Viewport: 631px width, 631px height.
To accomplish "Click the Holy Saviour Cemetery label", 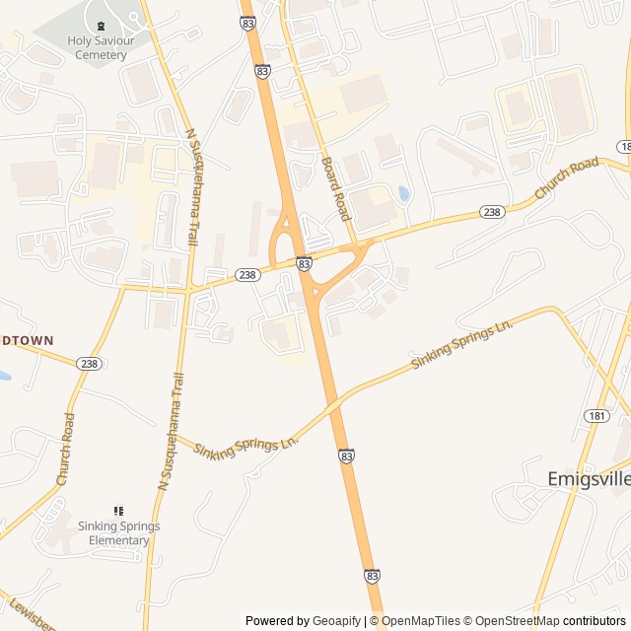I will click(x=98, y=47).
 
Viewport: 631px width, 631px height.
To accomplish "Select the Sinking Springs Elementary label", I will click(x=119, y=533).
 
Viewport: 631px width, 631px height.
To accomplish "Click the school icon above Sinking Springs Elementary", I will click(x=119, y=511).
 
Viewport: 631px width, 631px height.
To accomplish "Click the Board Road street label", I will click(x=335, y=187).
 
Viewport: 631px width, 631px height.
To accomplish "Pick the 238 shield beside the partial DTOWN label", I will click(x=90, y=364).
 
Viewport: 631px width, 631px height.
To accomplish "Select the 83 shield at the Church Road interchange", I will click(x=304, y=264).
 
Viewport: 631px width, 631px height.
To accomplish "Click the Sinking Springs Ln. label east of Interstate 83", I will click(x=462, y=344).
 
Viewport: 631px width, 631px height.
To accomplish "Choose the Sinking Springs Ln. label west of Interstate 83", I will click(x=245, y=445).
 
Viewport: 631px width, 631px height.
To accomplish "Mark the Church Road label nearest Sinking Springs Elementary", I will click(x=65, y=448).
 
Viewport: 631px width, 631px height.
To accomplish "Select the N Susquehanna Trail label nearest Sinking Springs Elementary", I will click(x=171, y=431).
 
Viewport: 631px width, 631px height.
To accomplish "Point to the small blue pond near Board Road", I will click(x=403, y=193).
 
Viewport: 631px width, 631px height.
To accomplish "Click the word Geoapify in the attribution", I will click(x=337, y=621).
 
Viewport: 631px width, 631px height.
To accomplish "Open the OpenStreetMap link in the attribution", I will click(x=514, y=621).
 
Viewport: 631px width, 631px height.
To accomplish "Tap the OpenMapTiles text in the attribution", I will click(x=420, y=621).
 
